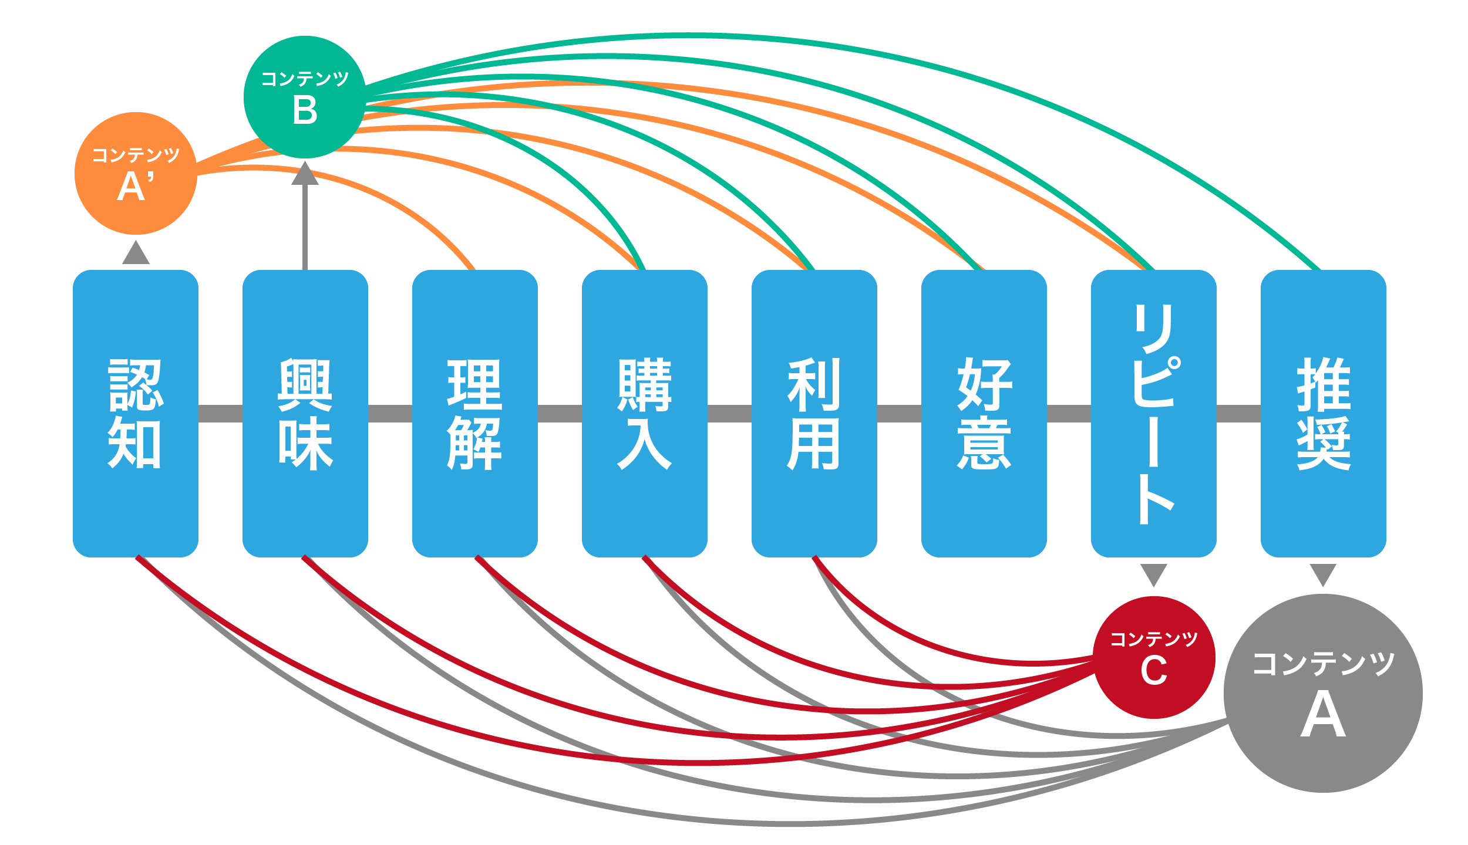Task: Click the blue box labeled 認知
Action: click(136, 413)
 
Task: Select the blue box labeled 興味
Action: click(305, 413)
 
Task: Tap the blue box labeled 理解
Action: click(475, 413)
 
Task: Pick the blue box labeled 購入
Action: click(645, 413)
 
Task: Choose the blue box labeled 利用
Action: click(814, 413)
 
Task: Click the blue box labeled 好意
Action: click(984, 413)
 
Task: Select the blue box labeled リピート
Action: click(1154, 413)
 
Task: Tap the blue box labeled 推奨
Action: click(1324, 413)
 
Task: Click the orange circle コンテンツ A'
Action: click(136, 173)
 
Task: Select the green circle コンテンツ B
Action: click(305, 97)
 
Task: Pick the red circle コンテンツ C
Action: click(1154, 657)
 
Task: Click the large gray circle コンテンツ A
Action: click(1323, 694)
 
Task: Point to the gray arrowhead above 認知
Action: click(136, 253)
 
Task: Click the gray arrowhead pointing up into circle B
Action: click(305, 174)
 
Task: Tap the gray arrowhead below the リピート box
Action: click(1154, 574)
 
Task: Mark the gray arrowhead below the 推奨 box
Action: click(1323, 574)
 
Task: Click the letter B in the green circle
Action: click(305, 110)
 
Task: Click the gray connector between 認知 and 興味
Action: click(220, 413)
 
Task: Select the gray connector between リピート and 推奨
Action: click(1238, 413)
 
